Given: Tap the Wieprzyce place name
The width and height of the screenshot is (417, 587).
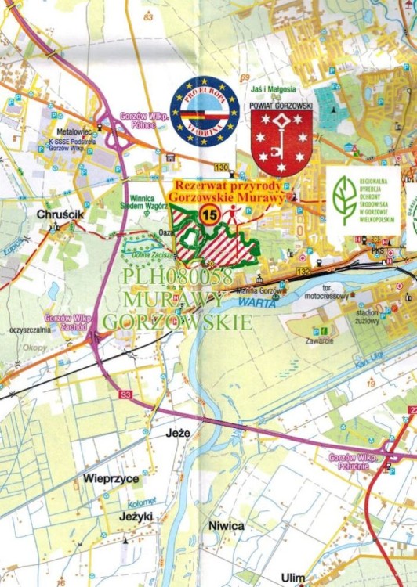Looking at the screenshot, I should [x=111, y=477].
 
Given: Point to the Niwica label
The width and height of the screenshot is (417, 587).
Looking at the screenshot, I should [x=227, y=527].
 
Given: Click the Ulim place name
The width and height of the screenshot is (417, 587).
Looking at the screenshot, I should [x=293, y=578].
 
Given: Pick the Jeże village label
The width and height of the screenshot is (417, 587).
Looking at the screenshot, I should [x=179, y=432].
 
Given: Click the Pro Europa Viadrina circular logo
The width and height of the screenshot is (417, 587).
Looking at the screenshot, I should [x=205, y=112].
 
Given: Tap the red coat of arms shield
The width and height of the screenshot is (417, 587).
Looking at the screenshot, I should [x=281, y=142].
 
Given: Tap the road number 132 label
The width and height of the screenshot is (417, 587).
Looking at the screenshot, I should [x=303, y=272].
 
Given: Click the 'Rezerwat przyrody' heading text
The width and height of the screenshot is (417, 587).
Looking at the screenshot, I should [x=229, y=186].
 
